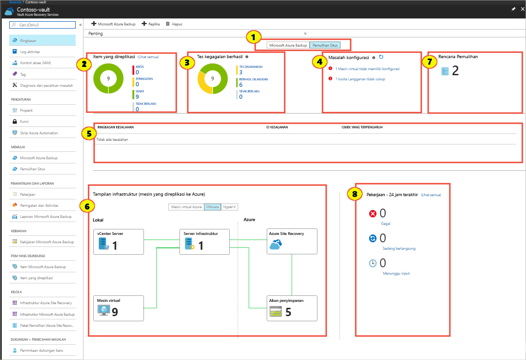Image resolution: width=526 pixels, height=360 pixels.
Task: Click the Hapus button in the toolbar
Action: click(173, 24)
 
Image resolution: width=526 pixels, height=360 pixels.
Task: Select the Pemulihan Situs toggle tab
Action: click(324, 45)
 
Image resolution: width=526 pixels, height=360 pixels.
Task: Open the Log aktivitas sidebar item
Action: click(30, 52)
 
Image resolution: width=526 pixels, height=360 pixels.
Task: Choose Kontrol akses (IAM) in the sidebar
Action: click(35, 63)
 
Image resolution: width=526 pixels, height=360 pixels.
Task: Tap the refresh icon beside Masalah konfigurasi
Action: click(381, 57)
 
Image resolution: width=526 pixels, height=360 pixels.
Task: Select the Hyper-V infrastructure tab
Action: click(229, 207)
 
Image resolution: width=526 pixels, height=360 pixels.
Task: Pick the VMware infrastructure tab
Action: click(212, 207)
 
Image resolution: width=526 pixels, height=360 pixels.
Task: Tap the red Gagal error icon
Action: click(373, 214)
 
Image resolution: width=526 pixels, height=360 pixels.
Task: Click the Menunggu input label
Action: click(396, 273)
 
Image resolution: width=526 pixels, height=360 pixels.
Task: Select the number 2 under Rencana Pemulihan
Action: click(455, 71)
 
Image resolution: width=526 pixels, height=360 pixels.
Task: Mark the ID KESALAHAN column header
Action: click(277, 127)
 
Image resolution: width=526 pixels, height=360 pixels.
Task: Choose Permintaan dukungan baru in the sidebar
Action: click(41, 351)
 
